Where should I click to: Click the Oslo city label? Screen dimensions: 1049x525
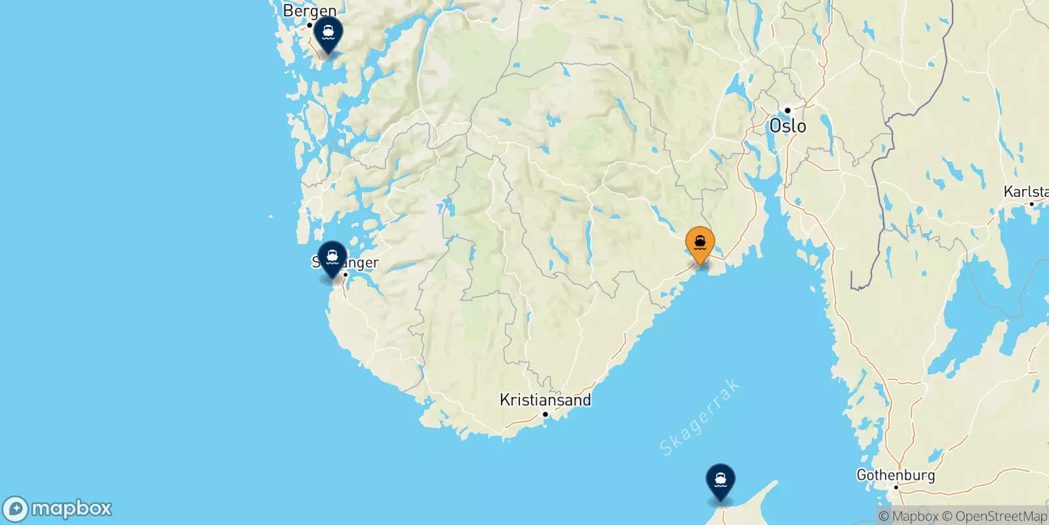(x=787, y=126)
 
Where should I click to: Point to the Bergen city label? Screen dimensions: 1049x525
(x=309, y=10)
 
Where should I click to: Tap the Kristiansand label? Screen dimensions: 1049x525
(x=545, y=400)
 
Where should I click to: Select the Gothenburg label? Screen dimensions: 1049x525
(x=896, y=474)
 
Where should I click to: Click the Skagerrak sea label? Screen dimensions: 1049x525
(x=700, y=417)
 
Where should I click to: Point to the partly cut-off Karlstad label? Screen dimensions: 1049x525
(x=1026, y=192)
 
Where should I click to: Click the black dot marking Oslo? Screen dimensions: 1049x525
(x=787, y=110)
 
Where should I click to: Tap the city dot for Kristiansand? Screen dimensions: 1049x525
(x=545, y=414)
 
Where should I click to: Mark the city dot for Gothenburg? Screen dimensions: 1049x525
(x=896, y=487)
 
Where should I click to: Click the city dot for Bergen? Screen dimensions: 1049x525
(x=309, y=25)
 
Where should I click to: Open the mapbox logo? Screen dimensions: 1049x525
(x=58, y=509)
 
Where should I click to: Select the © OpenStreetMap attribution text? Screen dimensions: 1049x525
(x=995, y=516)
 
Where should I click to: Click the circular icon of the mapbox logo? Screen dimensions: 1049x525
(x=16, y=509)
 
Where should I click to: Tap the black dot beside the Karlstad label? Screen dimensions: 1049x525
(x=1031, y=204)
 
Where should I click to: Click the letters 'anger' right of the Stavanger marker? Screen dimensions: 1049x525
(x=361, y=263)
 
